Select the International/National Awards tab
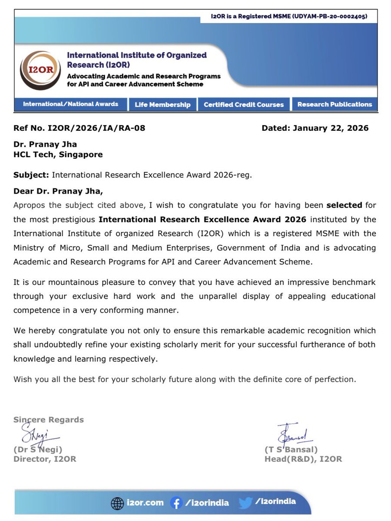click(x=71, y=104)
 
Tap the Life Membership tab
click(x=162, y=105)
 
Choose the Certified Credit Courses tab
click(x=244, y=105)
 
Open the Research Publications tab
click(x=335, y=105)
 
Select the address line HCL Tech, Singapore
click(x=58, y=154)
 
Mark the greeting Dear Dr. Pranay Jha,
click(x=59, y=191)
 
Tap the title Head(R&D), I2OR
click(x=303, y=459)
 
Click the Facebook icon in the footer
click(x=176, y=503)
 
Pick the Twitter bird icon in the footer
click(x=245, y=503)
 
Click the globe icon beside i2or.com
click(x=117, y=504)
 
